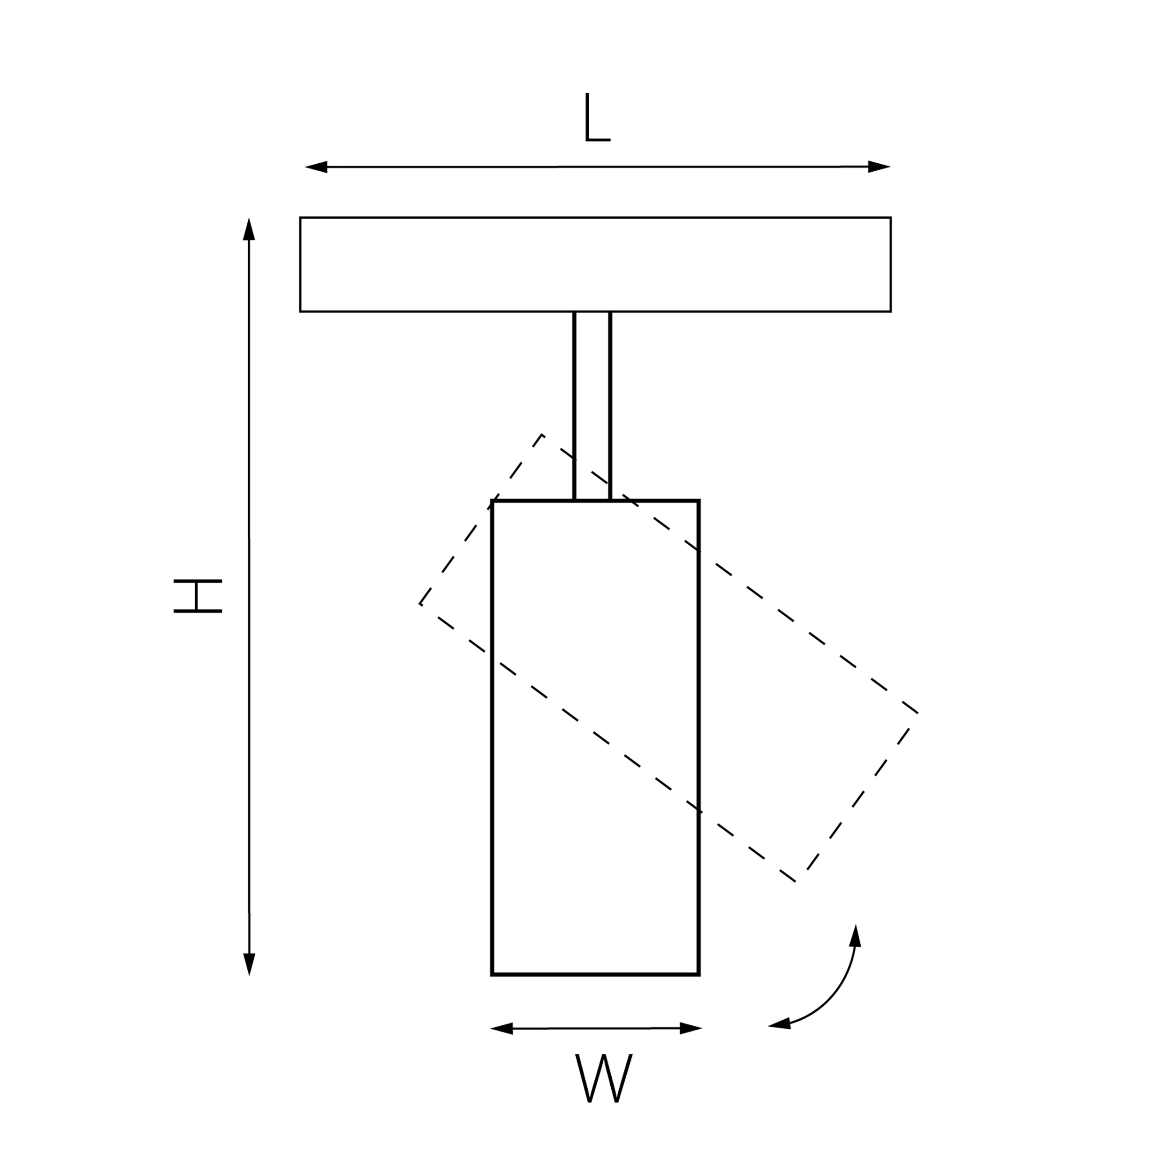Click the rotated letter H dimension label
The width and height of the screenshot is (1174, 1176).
(x=197, y=596)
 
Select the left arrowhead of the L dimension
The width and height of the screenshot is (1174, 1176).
(x=316, y=167)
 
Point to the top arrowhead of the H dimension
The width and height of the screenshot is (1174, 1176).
(x=249, y=229)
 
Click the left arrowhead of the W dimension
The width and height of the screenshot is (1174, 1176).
(x=502, y=1029)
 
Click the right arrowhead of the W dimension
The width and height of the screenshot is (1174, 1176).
(x=691, y=1029)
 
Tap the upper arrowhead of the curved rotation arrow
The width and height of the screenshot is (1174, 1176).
(x=855, y=936)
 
